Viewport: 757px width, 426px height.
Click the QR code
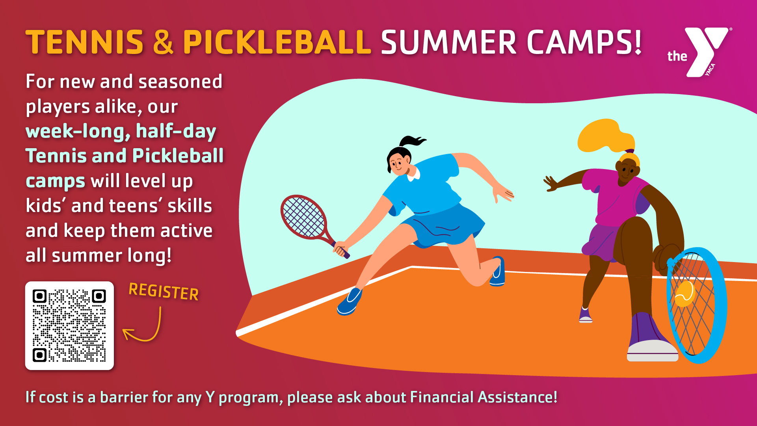click(x=69, y=326)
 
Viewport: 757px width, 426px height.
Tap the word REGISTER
click(x=164, y=292)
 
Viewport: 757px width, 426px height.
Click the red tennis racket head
click(x=303, y=217)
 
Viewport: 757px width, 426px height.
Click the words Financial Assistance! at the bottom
click(x=484, y=397)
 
